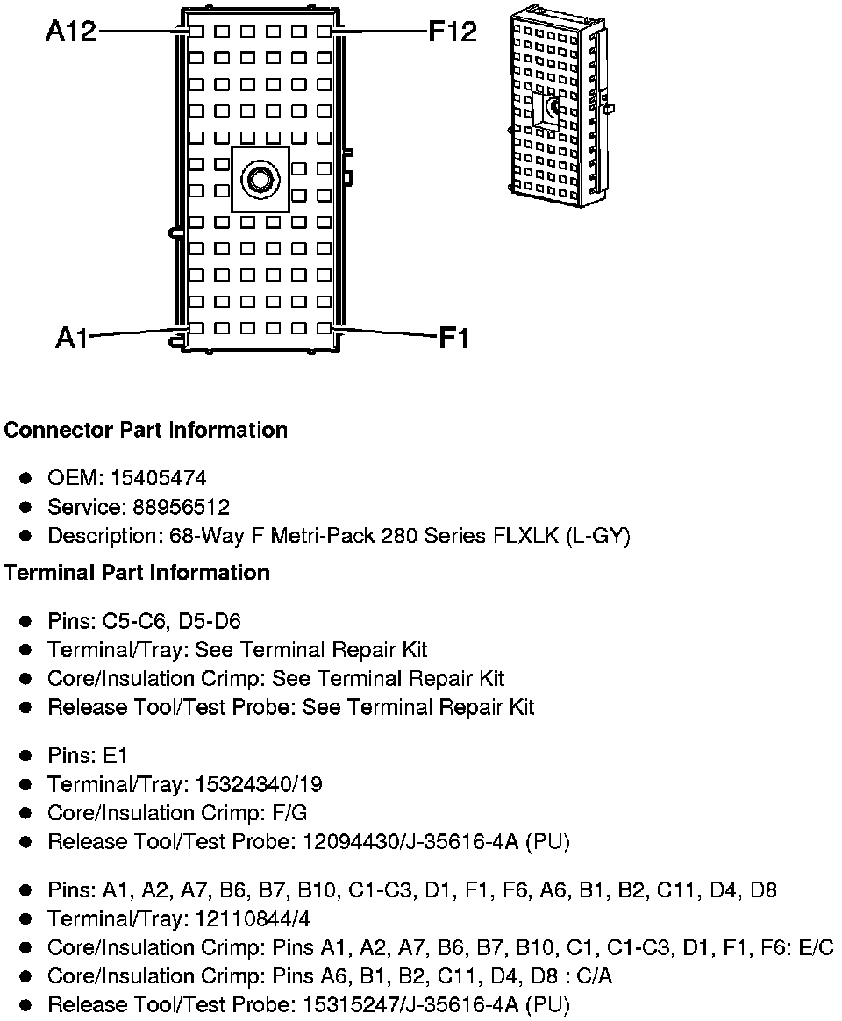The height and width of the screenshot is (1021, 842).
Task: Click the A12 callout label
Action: point(71,32)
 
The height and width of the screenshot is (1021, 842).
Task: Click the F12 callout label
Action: point(453,32)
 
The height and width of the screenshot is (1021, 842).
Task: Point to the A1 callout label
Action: point(72,337)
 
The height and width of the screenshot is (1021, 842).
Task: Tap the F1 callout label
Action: point(453,337)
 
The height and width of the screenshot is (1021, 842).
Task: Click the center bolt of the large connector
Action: point(260,179)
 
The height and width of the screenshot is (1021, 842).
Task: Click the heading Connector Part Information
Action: point(146,430)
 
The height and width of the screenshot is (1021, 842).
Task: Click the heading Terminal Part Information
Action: point(137,573)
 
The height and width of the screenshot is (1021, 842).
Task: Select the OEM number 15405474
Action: point(159,478)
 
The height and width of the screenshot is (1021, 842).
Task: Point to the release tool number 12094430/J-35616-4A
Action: point(411,842)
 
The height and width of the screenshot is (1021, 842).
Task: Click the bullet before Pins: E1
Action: point(26,755)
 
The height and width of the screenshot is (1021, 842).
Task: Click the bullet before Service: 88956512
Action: point(26,507)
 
